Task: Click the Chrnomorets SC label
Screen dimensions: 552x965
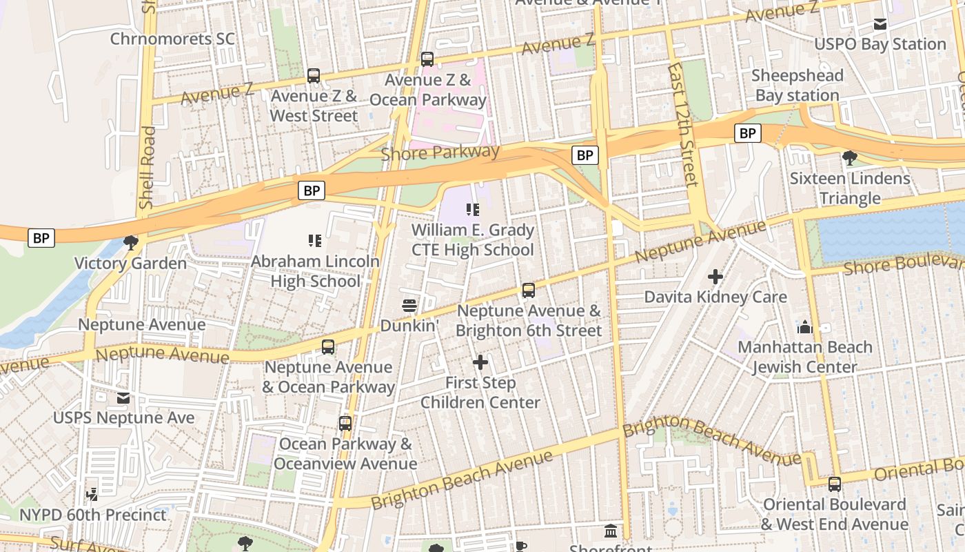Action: tap(172, 39)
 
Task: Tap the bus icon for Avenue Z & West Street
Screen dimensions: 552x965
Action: tap(314, 76)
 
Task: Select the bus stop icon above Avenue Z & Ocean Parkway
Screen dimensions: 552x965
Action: tap(427, 60)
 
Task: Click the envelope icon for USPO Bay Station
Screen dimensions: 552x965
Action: tap(880, 24)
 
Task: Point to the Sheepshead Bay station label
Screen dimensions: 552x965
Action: tap(797, 86)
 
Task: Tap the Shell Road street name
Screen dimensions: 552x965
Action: tap(147, 167)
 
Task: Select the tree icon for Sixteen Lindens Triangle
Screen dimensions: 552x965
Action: tap(850, 158)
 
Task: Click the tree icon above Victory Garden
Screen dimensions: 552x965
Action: tap(130, 242)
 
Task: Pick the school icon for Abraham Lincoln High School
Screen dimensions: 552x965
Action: tap(315, 241)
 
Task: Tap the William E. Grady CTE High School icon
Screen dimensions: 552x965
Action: tap(472, 209)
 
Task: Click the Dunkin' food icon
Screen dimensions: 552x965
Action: tap(409, 305)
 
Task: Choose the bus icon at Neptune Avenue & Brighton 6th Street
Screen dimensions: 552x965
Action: tap(529, 290)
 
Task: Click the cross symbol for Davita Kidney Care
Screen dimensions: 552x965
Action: tap(715, 277)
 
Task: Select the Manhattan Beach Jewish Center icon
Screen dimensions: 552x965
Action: tap(804, 326)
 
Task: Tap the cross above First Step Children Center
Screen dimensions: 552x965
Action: tap(480, 362)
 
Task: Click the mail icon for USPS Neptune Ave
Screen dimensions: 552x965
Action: tap(123, 398)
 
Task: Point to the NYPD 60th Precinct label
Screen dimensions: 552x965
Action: tap(92, 515)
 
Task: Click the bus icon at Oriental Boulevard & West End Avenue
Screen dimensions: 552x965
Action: tap(835, 484)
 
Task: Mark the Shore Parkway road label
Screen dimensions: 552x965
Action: tap(440, 152)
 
